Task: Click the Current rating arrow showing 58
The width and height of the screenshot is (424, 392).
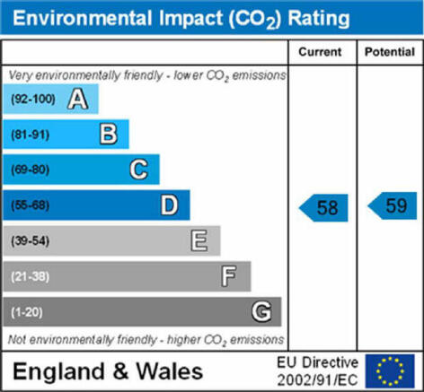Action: pyautogui.click(x=323, y=208)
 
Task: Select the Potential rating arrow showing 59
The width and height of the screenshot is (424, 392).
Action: pyautogui.click(x=393, y=205)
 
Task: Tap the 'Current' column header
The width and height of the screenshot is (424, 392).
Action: pyautogui.click(x=320, y=52)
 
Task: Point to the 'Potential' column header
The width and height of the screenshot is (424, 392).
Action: pyautogui.click(x=390, y=52)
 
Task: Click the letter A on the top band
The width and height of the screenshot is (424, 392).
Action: pyautogui.click(x=78, y=100)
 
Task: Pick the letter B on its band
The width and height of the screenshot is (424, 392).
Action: pyautogui.click(x=109, y=135)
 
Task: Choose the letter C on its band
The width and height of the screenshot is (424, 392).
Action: pyautogui.click(x=139, y=170)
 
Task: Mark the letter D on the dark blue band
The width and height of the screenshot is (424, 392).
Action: pyautogui.click(x=170, y=205)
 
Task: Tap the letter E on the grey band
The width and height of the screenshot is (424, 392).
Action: pyautogui.click(x=199, y=240)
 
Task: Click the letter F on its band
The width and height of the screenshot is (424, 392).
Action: pyautogui.click(x=229, y=276)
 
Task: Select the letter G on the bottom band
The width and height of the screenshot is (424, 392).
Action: pyautogui.click(x=261, y=311)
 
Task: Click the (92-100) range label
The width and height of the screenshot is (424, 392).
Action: pyautogui.click(x=33, y=99)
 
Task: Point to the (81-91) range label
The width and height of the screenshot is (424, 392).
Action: pyautogui.click(x=31, y=135)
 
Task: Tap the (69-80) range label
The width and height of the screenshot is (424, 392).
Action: pyautogui.click(x=31, y=170)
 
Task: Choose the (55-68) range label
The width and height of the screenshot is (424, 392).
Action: pyautogui.click(x=31, y=205)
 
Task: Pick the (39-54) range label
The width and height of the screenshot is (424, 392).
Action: pyautogui.click(x=31, y=240)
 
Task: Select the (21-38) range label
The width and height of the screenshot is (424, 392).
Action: pyautogui.click(x=31, y=276)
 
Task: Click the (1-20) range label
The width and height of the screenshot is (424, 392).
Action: pyautogui.click(x=27, y=312)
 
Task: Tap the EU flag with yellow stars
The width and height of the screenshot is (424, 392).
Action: pyautogui.click(x=390, y=370)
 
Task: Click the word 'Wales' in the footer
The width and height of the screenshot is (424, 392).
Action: pyautogui.click(x=170, y=371)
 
